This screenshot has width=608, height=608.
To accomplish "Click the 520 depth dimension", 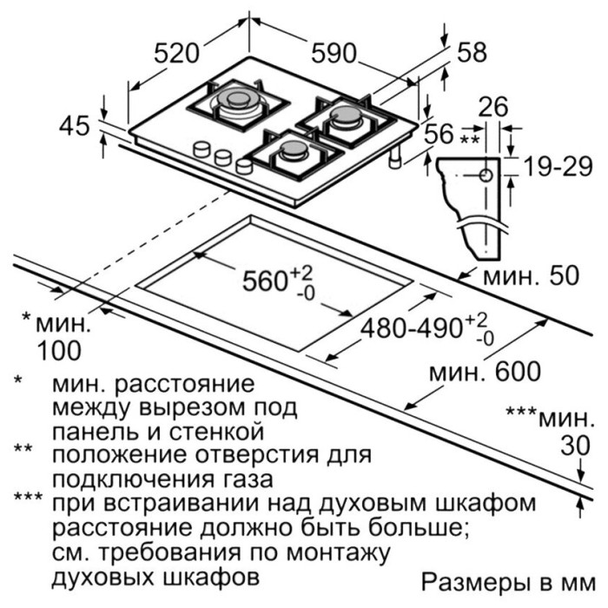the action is pos(177,54).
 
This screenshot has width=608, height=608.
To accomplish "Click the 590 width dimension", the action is pos(334,53).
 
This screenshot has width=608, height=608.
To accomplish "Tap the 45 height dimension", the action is pos(75,126).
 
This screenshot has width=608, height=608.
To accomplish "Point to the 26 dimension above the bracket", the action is pos(493,107).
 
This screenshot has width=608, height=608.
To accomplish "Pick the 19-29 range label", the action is pos(558,167).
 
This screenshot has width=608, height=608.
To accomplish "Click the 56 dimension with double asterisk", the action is pos(439,134).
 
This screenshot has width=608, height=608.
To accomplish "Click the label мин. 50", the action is pos(531,275).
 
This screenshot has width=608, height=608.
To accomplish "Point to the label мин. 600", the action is pos(485,372).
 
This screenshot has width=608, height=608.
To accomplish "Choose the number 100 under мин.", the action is pos(59,351).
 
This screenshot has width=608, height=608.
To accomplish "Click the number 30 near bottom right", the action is pos(576,445).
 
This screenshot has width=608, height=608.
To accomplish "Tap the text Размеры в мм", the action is pos(508,582).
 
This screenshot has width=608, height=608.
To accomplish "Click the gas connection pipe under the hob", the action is pos(395,157).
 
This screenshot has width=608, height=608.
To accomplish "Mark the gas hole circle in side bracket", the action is pos(486,175).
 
